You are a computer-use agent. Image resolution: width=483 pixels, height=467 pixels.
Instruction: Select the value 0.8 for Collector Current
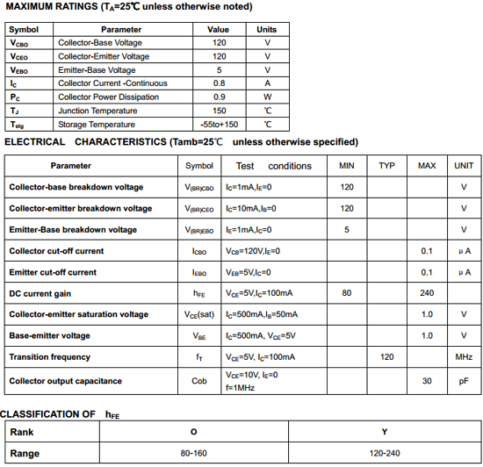pyautogui.click(x=219, y=83)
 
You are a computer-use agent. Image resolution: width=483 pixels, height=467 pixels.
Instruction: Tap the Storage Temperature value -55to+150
pyautogui.click(x=219, y=125)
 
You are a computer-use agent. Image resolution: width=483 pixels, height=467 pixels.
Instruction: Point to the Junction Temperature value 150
pyautogui.click(x=219, y=111)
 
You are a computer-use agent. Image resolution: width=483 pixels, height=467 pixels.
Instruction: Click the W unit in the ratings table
pyautogui.click(x=267, y=97)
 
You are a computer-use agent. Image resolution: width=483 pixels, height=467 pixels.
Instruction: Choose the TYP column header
pyautogui.click(x=387, y=166)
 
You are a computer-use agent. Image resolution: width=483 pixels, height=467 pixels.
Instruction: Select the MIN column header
pyautogui.click(x=347, y=166)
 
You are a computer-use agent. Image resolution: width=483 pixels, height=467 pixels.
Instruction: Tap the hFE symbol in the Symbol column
pyautogui.click(x=199, y=293)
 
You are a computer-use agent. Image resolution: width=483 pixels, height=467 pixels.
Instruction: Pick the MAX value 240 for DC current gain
pyautogui.click(x=427, y=293)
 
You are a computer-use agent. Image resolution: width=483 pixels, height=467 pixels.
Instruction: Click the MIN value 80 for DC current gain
pyautogui.click(x=347, y=293)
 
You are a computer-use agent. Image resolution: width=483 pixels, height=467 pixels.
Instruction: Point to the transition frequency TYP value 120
pyautogui.click(x=387, y=357)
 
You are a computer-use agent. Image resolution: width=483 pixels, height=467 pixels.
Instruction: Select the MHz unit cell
pyautogui.click(x=464, y=357)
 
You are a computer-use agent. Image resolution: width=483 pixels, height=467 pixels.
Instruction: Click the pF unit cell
pyautogui.click(x=464, y=381)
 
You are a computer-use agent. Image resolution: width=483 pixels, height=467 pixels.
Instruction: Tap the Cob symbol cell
pyautogui.click(x=199, y=381)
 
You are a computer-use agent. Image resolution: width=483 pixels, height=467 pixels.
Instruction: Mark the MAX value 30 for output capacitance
pyautogui.click(x=427, y=381)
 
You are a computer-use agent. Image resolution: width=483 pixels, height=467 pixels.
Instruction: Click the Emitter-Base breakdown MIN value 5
pyautogui.click(x=347, y=230)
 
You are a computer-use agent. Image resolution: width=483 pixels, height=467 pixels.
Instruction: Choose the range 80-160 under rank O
pyautogui.click(x=193, y=454)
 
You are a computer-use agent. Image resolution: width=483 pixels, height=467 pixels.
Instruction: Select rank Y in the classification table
pyautogui.click(x=385, y=432)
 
